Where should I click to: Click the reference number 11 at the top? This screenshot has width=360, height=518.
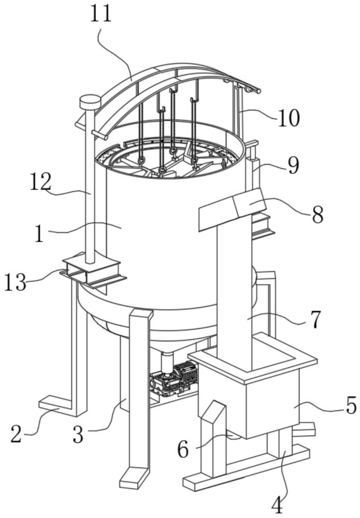click(x=101, y=14)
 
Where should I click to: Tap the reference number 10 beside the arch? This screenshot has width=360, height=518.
click(x=288, y=118)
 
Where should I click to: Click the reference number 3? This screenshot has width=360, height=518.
click(x=77, y=434)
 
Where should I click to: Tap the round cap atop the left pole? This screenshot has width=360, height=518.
click(x=90, y=102)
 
